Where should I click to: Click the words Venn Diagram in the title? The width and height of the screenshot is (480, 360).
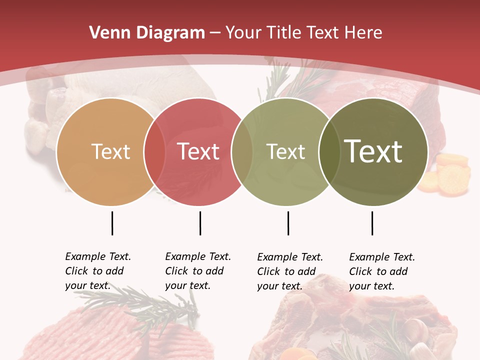click(146, 33)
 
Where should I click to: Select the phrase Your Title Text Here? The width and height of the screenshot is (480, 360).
click(304, 33)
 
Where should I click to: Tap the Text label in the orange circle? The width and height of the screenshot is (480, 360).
click(110, 151)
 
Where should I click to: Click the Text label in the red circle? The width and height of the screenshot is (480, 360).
click(198, 151)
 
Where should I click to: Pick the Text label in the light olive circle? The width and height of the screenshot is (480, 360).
click(285, 151)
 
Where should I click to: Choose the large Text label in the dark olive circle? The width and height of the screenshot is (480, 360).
click(373, 151)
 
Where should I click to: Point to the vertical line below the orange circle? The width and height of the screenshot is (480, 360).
click(112, 223)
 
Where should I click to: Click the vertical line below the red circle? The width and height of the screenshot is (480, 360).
click(200, 223)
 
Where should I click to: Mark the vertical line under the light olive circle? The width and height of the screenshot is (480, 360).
click(288, 223)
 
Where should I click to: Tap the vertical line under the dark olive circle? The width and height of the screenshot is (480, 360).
click(372, 223)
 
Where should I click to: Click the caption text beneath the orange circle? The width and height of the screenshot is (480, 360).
click(97, 271)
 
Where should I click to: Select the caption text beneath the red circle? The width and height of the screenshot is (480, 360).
click(197, 271)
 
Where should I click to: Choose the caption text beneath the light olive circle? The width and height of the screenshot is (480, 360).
click(289, 271)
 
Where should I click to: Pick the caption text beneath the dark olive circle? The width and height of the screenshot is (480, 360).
click(381, 271)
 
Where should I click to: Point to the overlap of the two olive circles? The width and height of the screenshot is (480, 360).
click(327, 152)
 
